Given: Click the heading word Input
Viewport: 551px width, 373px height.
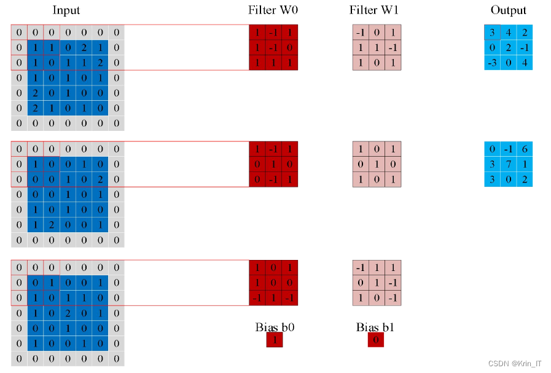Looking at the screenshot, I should click(66, 10).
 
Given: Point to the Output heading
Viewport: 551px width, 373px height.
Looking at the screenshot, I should click(508, 10).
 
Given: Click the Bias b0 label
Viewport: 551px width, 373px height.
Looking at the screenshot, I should click(275, 327).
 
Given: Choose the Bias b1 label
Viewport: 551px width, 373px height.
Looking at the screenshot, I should click(375, 327).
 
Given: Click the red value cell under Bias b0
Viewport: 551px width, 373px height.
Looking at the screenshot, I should click(274, 340).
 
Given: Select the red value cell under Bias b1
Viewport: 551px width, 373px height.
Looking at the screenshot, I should click(375, 340).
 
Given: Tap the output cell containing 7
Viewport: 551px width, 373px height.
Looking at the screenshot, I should click(508, 164).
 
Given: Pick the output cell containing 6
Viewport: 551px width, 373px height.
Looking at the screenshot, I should click(524, 149).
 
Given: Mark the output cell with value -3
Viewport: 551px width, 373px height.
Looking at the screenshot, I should click(492, 63).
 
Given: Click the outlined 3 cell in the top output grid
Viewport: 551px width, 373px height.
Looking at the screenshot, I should click(492, 32).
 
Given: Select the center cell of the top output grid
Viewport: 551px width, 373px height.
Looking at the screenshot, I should click(508, 47).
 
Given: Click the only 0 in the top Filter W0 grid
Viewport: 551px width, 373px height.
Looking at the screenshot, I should click(289, 47).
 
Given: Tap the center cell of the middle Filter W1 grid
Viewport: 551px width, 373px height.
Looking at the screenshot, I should click(377, 164).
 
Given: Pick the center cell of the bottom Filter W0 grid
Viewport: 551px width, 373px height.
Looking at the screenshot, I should click(273, 283).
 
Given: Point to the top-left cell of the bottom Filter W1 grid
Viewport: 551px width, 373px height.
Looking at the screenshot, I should click(361, 268).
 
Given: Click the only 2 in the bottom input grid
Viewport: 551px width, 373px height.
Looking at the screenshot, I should click(68, 313).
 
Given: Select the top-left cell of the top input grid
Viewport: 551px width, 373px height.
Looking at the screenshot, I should click(19, 32).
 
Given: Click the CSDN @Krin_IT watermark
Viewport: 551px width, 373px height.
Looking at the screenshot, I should click(515, 364).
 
